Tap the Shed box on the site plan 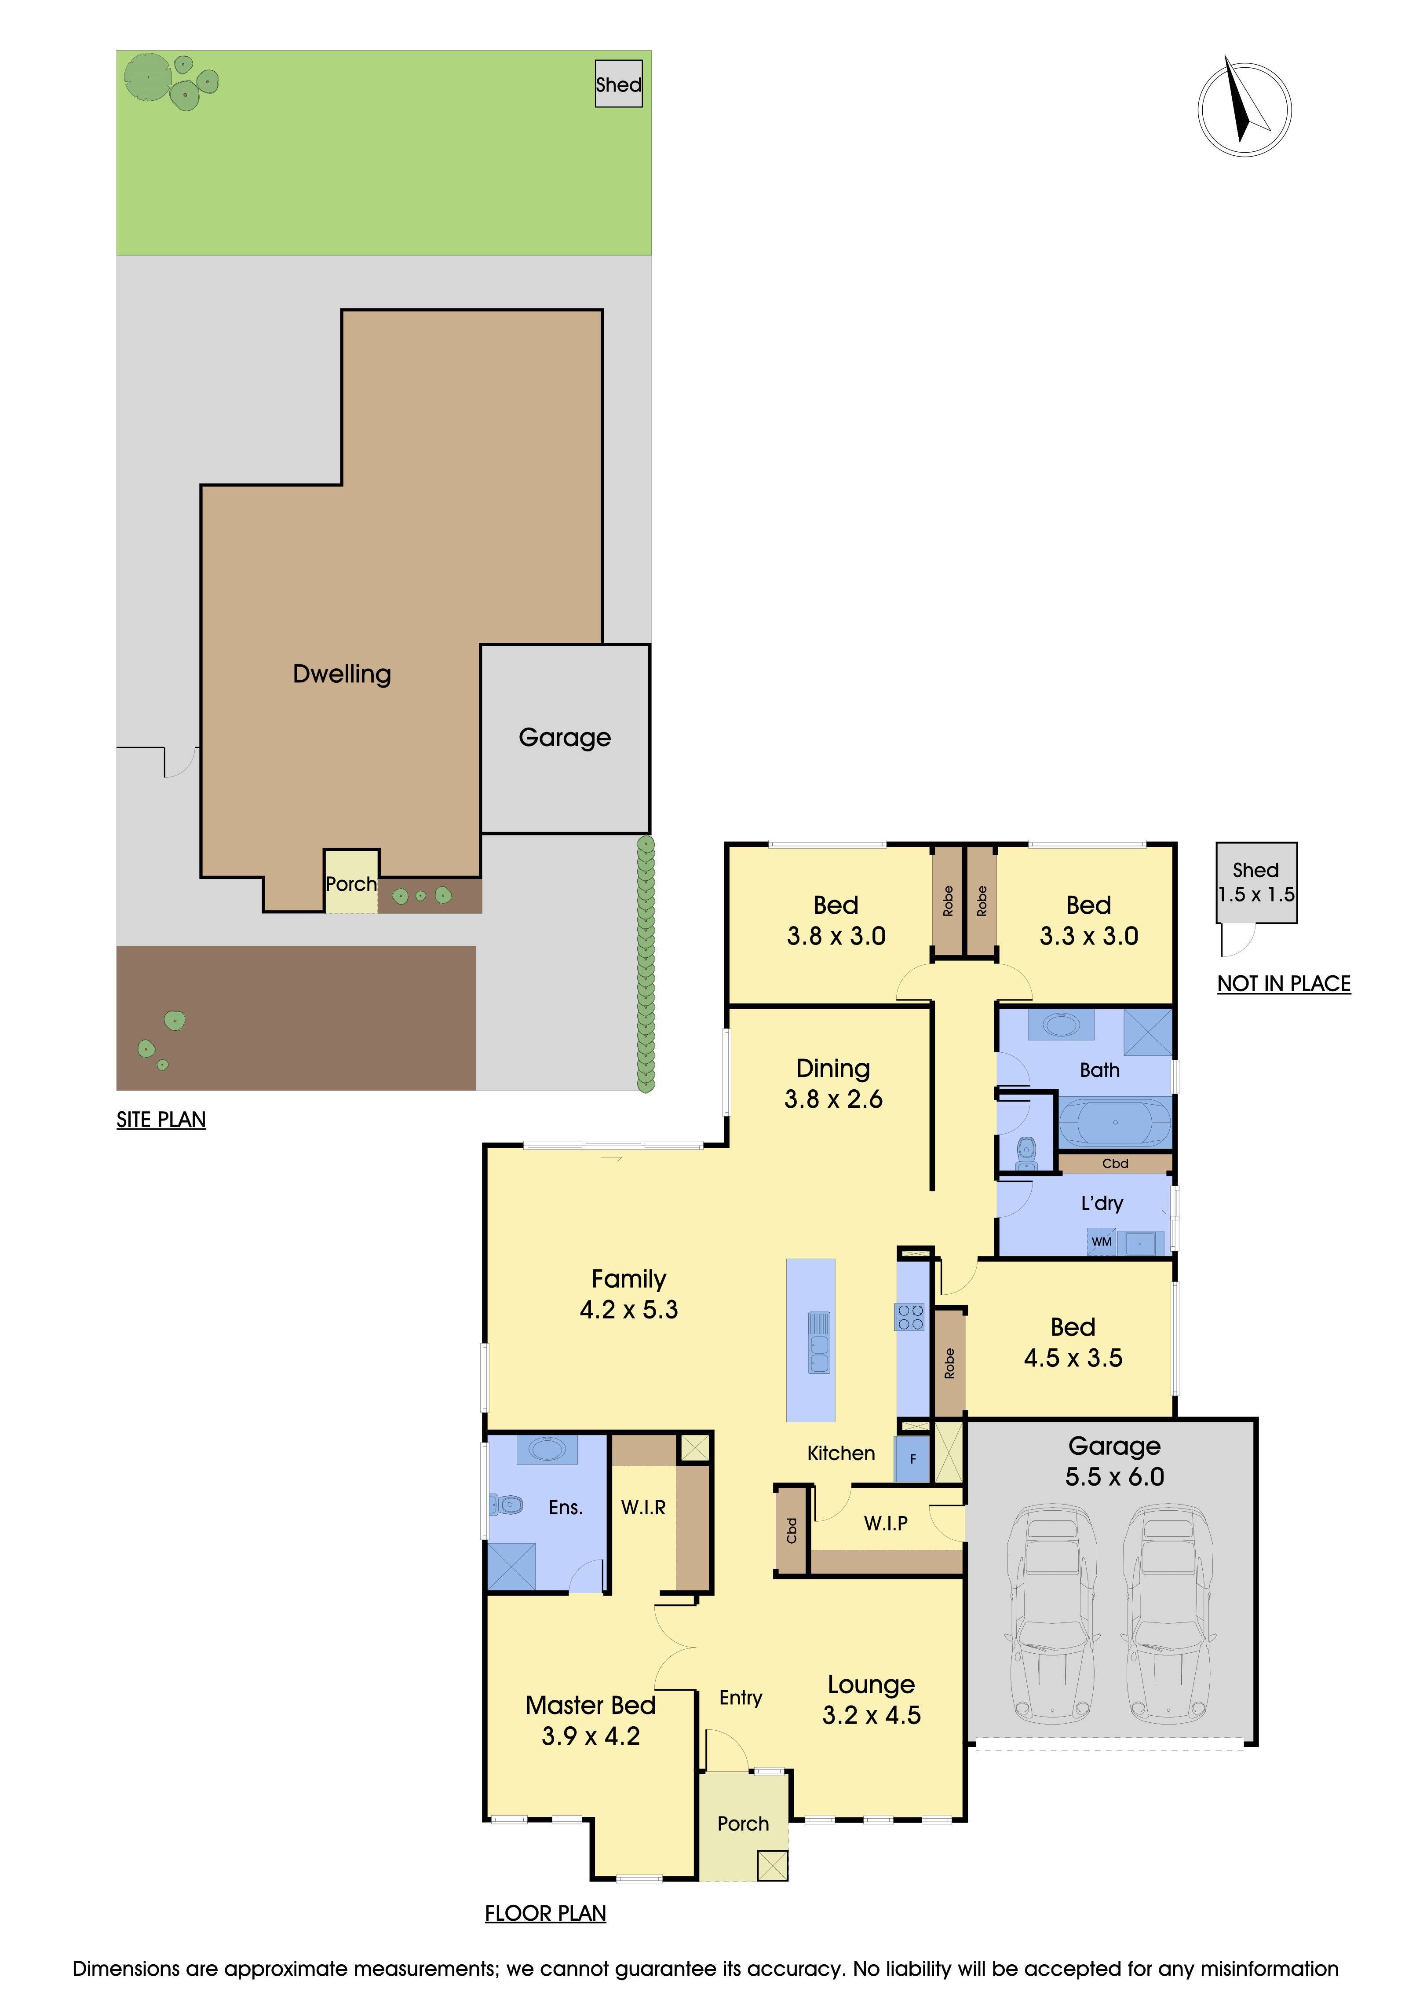(x=618, y=84)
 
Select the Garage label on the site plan (x=565, y=738)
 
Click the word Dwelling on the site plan (x=342, y=674)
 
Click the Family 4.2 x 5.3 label (x=629, y=1294)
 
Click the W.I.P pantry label (x=886, y=1523)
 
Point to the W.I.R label (x=643, y=1508)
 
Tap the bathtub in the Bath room (x=1115, y=1122)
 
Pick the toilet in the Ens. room (x=506, y=1504)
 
